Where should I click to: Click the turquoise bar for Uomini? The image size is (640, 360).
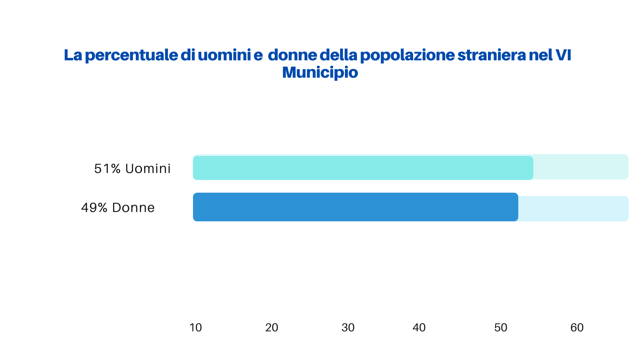363,168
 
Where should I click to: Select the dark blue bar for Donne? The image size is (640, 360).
355,207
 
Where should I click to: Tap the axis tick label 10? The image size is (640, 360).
196,328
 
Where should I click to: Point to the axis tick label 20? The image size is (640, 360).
272,328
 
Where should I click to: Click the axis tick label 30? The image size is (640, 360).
348,328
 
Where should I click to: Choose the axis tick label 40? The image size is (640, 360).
419,328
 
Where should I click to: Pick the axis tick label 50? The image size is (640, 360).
501,328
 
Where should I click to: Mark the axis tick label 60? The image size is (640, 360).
577,328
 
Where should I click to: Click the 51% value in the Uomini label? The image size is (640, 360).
107,169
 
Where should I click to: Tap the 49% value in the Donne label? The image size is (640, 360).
94,208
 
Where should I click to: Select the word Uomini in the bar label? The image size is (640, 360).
148,169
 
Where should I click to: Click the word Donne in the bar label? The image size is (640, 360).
133,208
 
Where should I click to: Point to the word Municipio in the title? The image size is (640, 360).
320,72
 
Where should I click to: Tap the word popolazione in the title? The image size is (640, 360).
407,55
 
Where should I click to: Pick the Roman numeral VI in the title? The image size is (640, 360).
563,55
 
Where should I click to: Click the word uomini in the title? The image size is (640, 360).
224,55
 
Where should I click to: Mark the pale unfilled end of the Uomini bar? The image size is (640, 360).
581,167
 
